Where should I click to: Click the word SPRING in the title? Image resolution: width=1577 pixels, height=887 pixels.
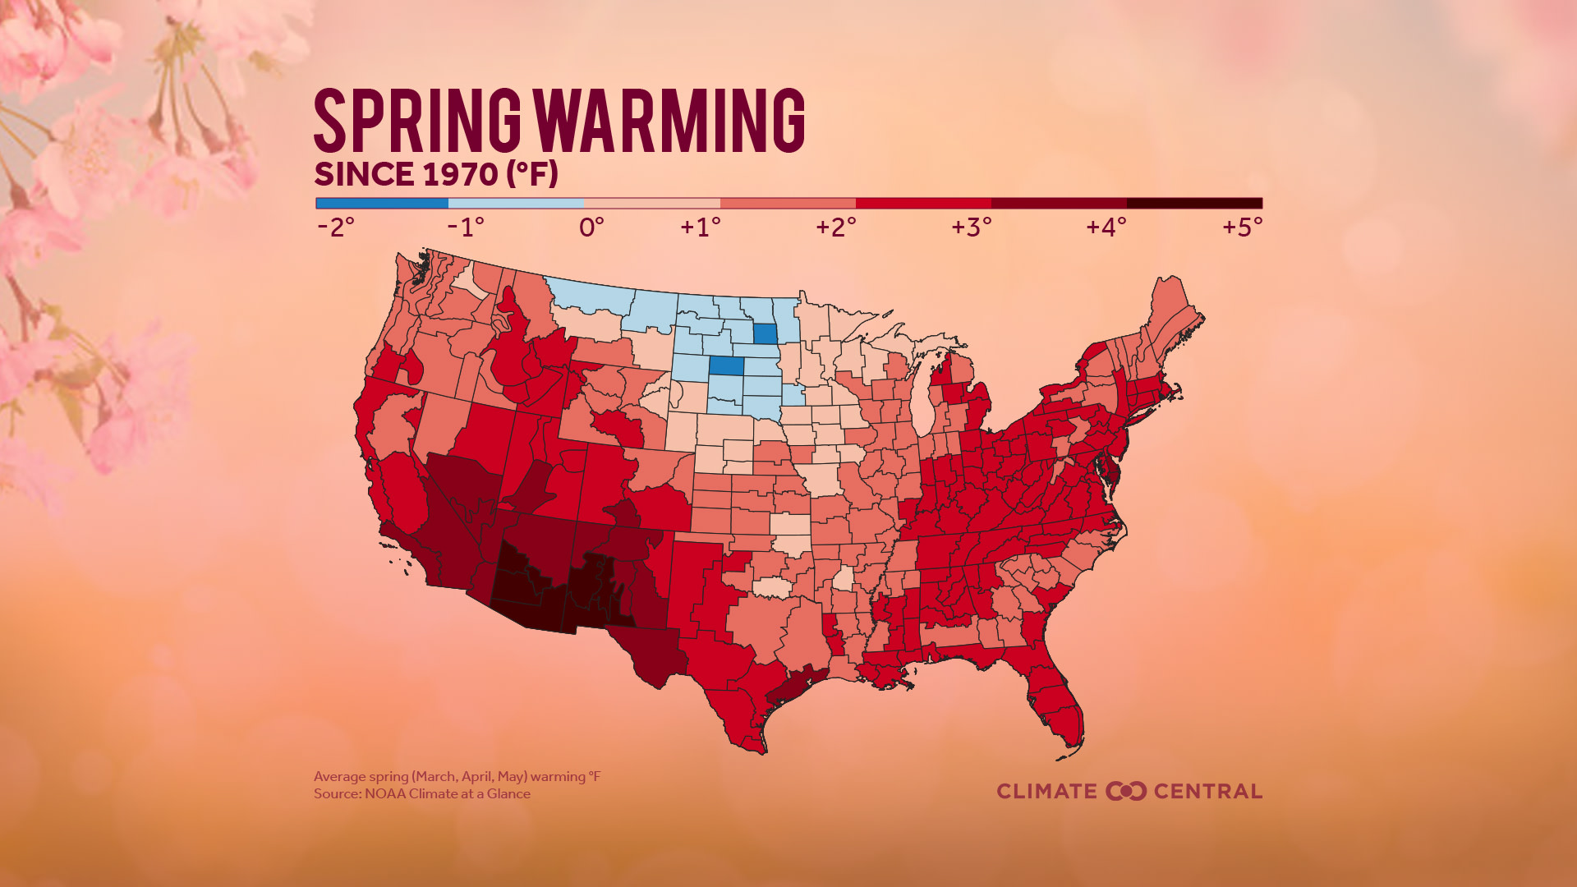[x=417, y=121]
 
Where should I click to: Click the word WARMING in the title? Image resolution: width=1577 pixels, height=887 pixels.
[x=669, y=121]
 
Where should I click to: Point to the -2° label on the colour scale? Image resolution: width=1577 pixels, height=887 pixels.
[x=335, y=227]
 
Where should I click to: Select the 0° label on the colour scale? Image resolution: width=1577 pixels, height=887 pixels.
[x=591, y=227]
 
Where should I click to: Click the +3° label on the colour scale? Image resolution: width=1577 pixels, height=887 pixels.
[x=972, y=227]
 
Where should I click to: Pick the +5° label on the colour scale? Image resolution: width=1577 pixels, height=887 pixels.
[x=1242, y=227]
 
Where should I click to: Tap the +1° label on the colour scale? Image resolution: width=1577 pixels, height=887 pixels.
[x=700, y=227]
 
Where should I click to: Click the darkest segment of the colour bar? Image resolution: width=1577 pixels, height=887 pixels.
[x=1193, y=203]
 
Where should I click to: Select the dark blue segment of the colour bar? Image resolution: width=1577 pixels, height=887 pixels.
[x=382, y=203]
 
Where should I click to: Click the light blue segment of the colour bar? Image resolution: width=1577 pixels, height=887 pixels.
[x=516, y=203]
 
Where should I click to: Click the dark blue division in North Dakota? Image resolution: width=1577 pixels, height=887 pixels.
[x=765, y=334]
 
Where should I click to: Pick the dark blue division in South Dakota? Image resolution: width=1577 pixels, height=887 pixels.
[x=726, y=365]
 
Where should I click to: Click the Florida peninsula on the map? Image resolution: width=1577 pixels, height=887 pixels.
[x=1057, y=706]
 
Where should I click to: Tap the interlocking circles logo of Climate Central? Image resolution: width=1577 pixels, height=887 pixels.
[x=1125, y=791]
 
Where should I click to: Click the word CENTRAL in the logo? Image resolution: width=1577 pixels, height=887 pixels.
[x=1207, y=791]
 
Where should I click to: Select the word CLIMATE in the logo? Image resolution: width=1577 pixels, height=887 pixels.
[x=1046, y=791]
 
